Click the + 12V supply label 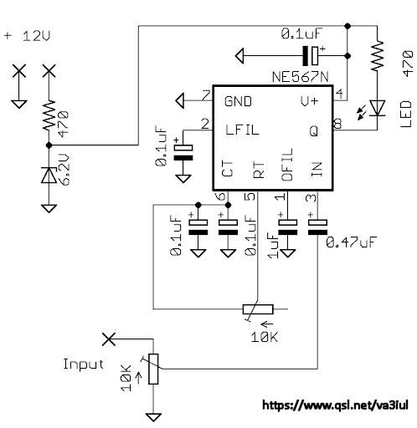[27, 36]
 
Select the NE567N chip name [301, 77]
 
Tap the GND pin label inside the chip [238, 101]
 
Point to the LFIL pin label [242, 130]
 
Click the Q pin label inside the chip [314, 130]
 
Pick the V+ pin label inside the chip [309, 101]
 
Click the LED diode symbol [377, 108]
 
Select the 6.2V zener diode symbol [49, 175]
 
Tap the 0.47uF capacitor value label [352, 242]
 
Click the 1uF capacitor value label [273, 246]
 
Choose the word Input [83, 364]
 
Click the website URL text [335, 405]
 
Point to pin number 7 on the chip [206, 95]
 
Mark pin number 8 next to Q [337, 124]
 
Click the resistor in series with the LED [377, 55]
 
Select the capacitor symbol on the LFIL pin [183, 153]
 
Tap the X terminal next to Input [109, 339]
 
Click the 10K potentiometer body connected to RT [258, 309]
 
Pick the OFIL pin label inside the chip [287, 165]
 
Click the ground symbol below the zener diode [49, 208]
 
